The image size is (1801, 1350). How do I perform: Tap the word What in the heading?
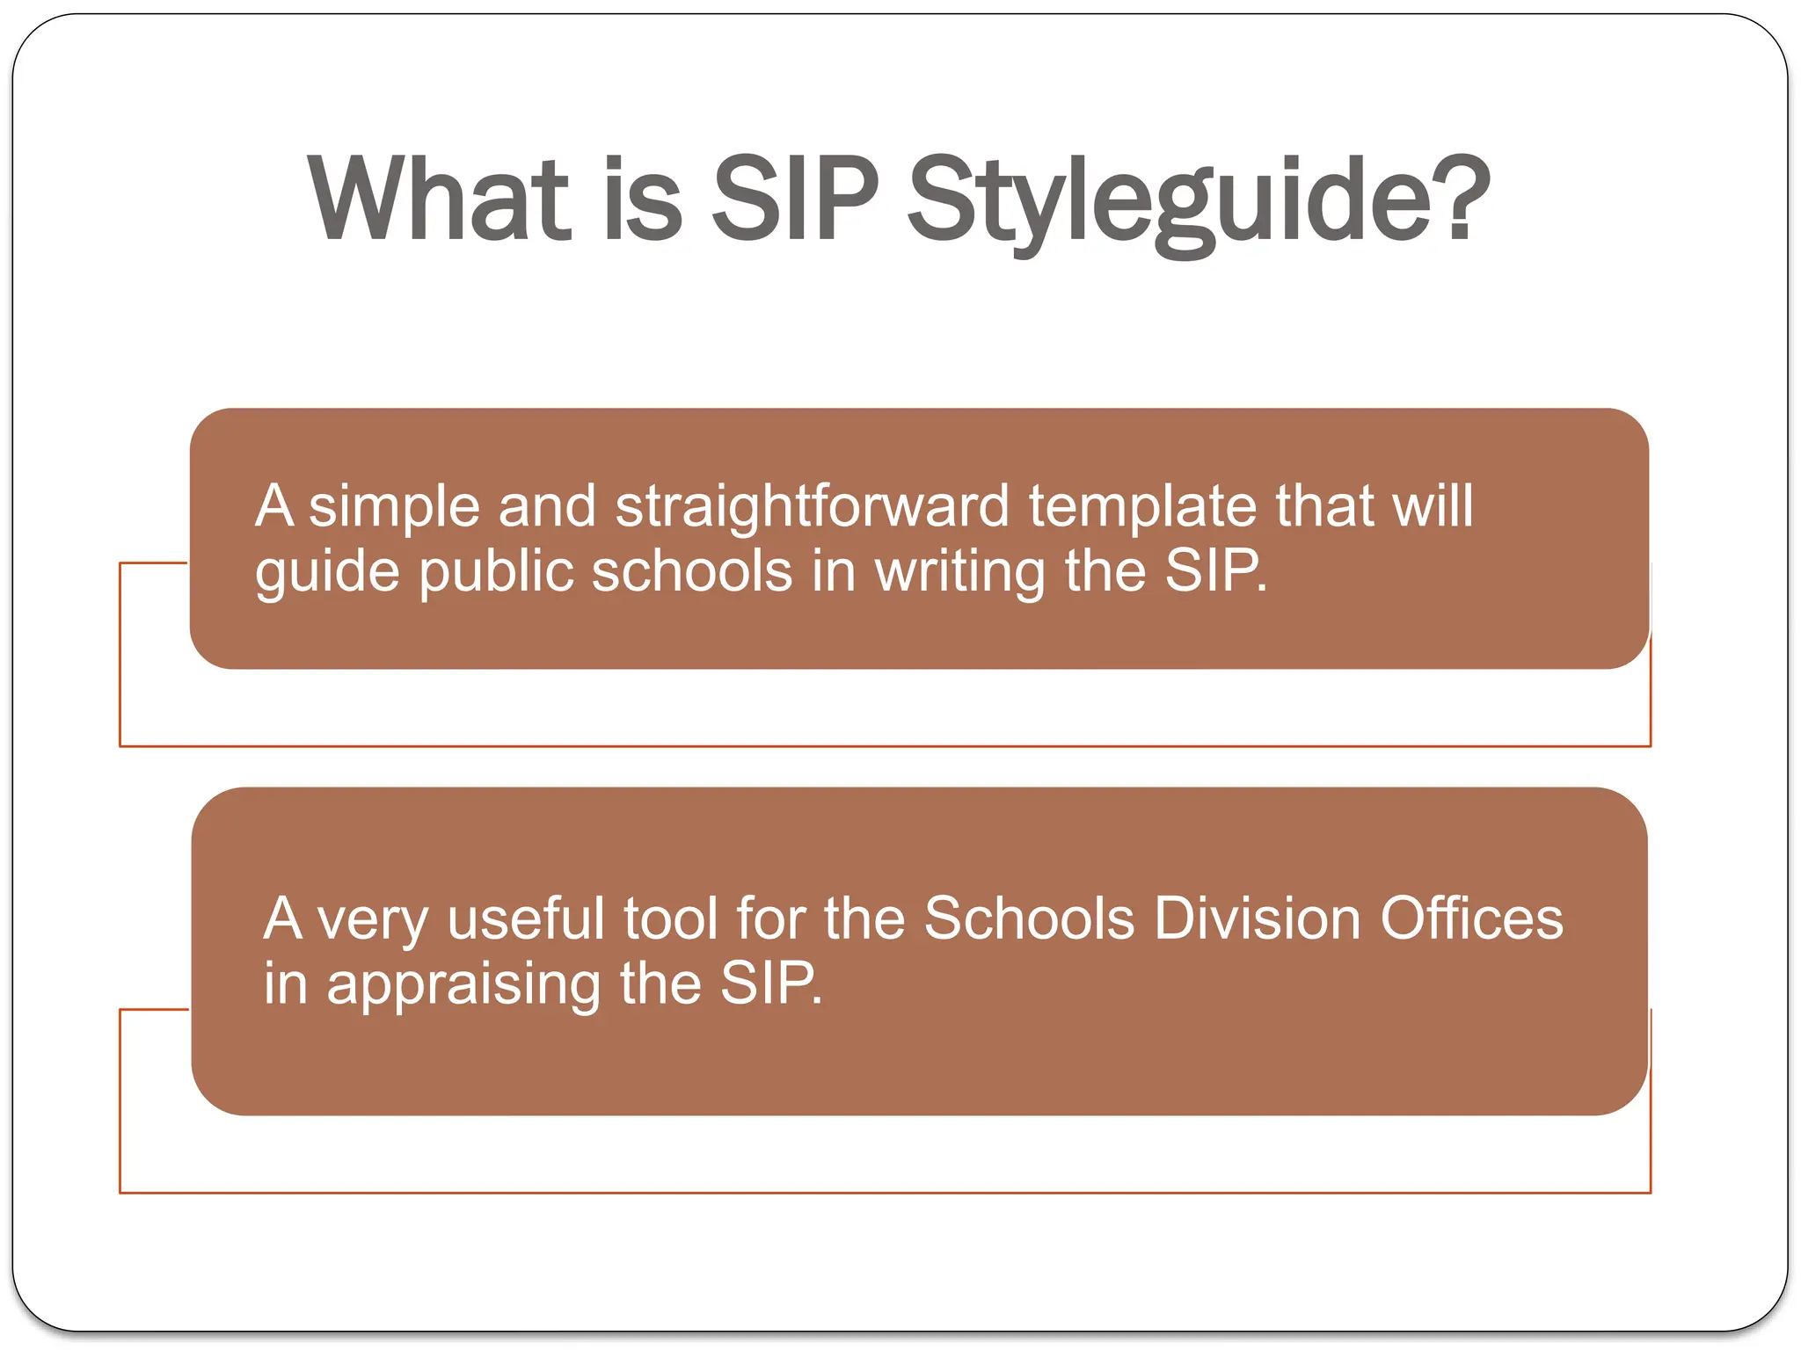click(x=440, y=200)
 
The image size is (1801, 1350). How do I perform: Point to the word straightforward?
click(x=812, y=507)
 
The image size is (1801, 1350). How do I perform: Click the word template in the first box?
click(x=1141, y=507)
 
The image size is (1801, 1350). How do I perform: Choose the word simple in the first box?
click(x=394, y=507)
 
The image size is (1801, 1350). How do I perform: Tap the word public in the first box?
click(x=495, y=572)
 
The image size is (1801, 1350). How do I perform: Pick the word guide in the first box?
click(x=327, y=572)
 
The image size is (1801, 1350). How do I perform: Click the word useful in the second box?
click(x=526, y=919)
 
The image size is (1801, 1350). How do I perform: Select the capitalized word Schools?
click(x=1028, y=919)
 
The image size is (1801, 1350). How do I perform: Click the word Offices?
click(x=1471, y=919)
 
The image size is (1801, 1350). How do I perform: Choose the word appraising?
click(x=463, y=985)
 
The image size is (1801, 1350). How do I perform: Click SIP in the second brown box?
click(x=770, y=983)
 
